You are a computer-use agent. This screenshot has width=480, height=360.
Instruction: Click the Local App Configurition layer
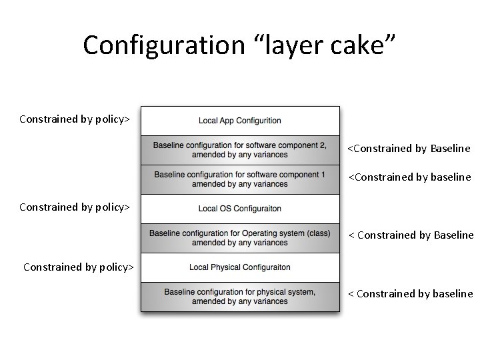point(240,121)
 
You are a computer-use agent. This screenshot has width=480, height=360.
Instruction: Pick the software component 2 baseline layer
point(240,150)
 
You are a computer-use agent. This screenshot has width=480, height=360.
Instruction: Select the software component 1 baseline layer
point(240,179)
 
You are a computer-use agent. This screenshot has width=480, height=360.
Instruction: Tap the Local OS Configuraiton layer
point(240,209)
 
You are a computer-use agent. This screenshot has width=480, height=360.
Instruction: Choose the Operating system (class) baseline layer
point(240,238)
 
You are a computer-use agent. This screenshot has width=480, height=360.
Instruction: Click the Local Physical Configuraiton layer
point(240,267)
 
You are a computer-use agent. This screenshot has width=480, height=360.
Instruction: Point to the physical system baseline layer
point(240,297)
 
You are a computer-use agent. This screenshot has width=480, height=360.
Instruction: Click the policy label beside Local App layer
point(75,119)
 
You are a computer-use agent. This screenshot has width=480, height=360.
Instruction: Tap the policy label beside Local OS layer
point(75,207)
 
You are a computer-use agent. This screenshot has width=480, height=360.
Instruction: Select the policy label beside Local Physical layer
point(79,267)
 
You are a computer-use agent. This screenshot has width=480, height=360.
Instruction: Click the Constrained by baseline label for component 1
point(409,177)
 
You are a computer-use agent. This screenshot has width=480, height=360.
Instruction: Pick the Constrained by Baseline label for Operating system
point(411,235)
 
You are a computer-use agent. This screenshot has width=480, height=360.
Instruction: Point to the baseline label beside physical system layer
point(411,293)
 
